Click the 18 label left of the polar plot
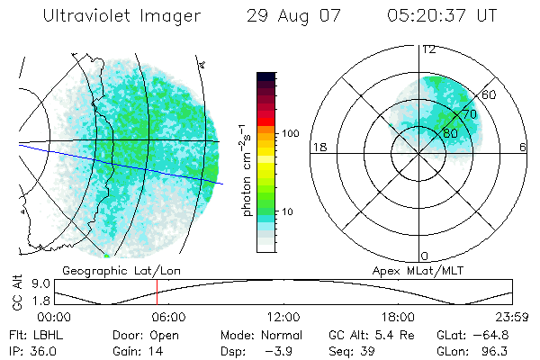tap(318, 148)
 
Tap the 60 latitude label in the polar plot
tap(490, 94)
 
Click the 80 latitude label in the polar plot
tap(449, 132)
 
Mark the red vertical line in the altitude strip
tap(157, 292)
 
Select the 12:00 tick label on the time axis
tap(283, 317)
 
